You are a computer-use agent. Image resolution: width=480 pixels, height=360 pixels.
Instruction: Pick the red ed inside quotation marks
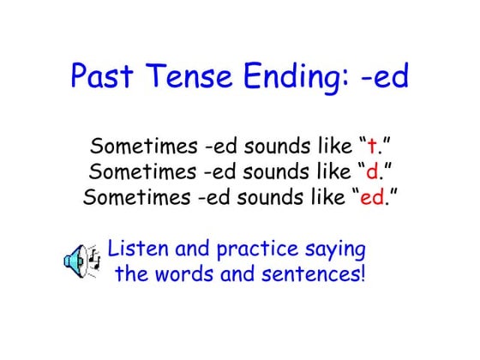[373, 197]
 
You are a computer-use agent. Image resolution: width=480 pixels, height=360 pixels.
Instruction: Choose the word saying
[336, 251]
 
